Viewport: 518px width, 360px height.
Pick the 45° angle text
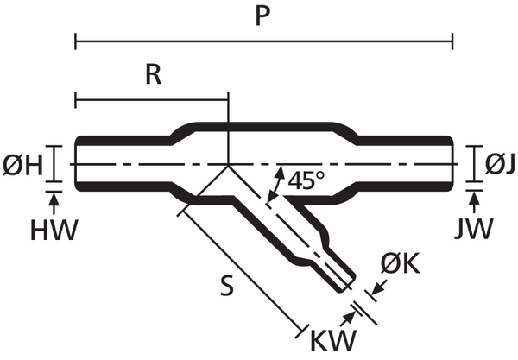307,181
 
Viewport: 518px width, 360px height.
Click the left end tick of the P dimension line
76,41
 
